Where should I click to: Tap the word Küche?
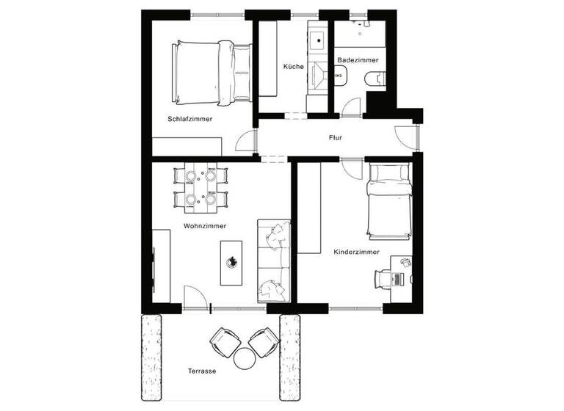click(293, 67)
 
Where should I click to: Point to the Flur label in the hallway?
click(335, 137)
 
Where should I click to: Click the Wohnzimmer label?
click(205, 226)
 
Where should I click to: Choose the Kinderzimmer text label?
click(356, 252)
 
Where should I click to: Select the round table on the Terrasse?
click(243, 360)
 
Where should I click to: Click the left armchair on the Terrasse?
click(225, 341)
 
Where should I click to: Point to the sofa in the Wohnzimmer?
click(273, 261)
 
